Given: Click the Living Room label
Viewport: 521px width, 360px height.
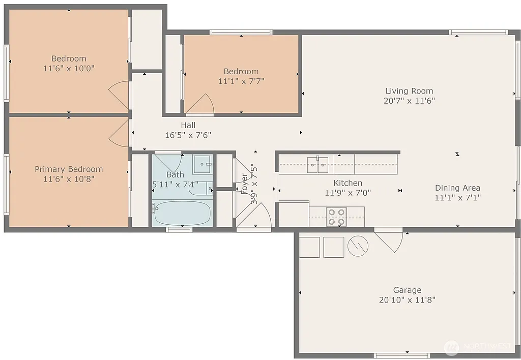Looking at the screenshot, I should click(409, 91).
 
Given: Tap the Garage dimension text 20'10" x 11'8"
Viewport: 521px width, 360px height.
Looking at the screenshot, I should click(407, 300).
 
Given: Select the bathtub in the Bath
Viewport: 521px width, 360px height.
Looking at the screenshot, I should click(182, 214).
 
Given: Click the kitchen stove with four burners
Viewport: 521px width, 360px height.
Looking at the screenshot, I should click(336, 217).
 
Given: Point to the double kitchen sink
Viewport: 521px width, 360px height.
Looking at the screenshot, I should click(317, 163).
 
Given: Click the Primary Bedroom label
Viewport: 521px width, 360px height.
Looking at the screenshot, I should click(69, 169).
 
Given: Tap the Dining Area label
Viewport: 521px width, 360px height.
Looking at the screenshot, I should click(457, 188).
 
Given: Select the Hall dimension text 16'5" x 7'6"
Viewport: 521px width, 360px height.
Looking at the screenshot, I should click(188, 135).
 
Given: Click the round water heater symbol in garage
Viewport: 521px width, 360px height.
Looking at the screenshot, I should click(358, 247).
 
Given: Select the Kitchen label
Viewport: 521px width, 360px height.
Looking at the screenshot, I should click(348, 183).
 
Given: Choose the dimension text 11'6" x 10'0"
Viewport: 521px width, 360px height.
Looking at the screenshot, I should click(69, 68).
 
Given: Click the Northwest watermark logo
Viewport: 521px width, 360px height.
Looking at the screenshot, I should click(451, 347).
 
